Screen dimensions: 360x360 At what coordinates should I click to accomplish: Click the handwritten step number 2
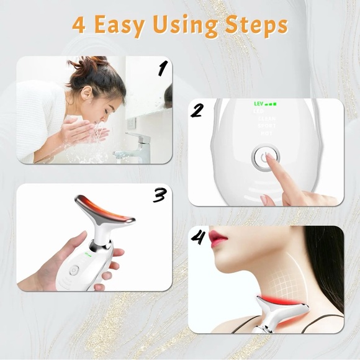coord(197,111)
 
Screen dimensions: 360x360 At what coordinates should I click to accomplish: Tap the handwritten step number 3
coord(160,195)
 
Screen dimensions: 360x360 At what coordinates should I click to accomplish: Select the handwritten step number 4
coord(198,238)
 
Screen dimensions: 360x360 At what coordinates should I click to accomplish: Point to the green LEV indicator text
coord(259,104)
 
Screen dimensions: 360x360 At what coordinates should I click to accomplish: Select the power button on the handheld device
coord(74,270)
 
